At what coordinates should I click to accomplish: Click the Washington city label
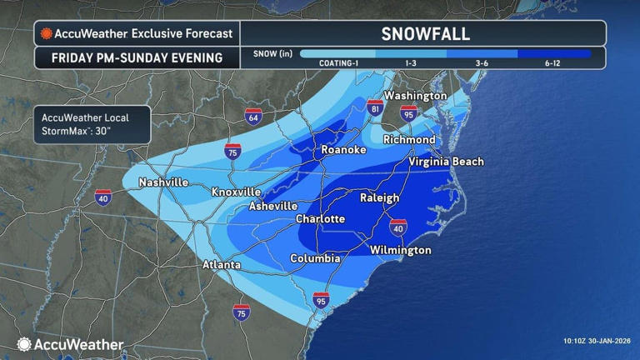click(x=415, y=96)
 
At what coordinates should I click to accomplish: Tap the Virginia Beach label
click(x=446, y=162)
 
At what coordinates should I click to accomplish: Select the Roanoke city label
click(x=343, y=150)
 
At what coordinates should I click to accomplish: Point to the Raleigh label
click(x=379, y=198)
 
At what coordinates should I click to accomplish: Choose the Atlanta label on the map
click(x=222, y=265)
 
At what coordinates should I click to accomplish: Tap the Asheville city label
click(x=273, y=206)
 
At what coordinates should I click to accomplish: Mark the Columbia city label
click(x=315, y=259)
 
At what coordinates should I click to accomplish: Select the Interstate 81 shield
click(x=376, y=107)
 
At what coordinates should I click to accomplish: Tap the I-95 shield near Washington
click(x=408, y=113)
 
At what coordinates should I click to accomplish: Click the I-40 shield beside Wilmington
click(x=398, y=227)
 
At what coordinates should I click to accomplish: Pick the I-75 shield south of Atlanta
click(x=241, y=312)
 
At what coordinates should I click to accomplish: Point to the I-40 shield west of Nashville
click(x=103, y=197)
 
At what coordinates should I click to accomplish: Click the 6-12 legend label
click(x=553, y=63)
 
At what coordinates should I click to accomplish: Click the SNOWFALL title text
click(x=425, y=34)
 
